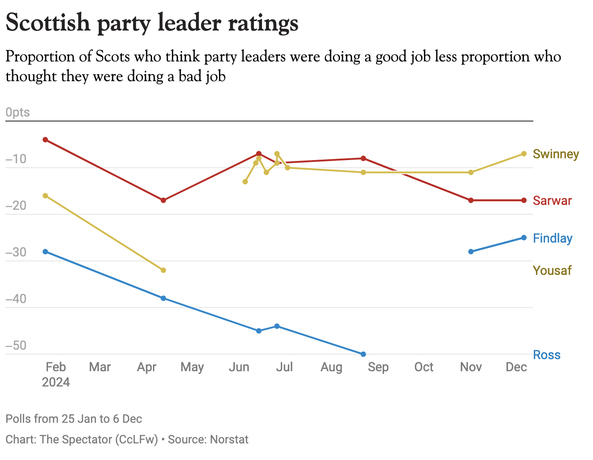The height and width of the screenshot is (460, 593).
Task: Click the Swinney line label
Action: tap(556, 154)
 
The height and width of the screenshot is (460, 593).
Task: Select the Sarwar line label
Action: tap(552, 201)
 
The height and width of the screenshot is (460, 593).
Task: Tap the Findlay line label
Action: tap(552, 239)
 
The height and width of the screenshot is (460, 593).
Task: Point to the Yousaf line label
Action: tap(552, 271)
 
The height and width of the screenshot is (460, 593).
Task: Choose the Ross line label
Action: tap(546, 355)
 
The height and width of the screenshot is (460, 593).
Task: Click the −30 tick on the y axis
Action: tap(16, 252)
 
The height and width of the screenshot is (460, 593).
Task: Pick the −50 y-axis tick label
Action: tap(16, 346)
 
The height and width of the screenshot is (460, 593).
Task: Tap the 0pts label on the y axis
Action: tap(17, 113)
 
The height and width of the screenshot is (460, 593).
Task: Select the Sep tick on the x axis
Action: tap(378, 367)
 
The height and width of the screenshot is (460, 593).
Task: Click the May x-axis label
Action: tap(192, 367)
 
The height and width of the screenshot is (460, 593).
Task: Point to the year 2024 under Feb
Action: tap(56, 382)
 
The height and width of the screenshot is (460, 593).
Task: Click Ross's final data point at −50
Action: tap(363, 354)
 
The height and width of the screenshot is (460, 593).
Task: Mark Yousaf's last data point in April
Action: tap(163, 270)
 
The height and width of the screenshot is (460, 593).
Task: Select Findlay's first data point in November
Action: tap(471, 252)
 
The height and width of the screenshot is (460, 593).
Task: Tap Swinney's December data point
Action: tap(523, 154)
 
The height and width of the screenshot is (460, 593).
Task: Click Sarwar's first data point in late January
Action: tap(45, 140)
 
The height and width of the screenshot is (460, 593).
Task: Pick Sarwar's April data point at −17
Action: tap(163, 200)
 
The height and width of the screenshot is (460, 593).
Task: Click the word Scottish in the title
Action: tap(48, 22)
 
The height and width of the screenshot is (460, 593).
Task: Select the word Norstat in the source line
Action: tap(229, 439)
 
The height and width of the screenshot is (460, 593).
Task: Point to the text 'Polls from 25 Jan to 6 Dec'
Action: tap(74, 419)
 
